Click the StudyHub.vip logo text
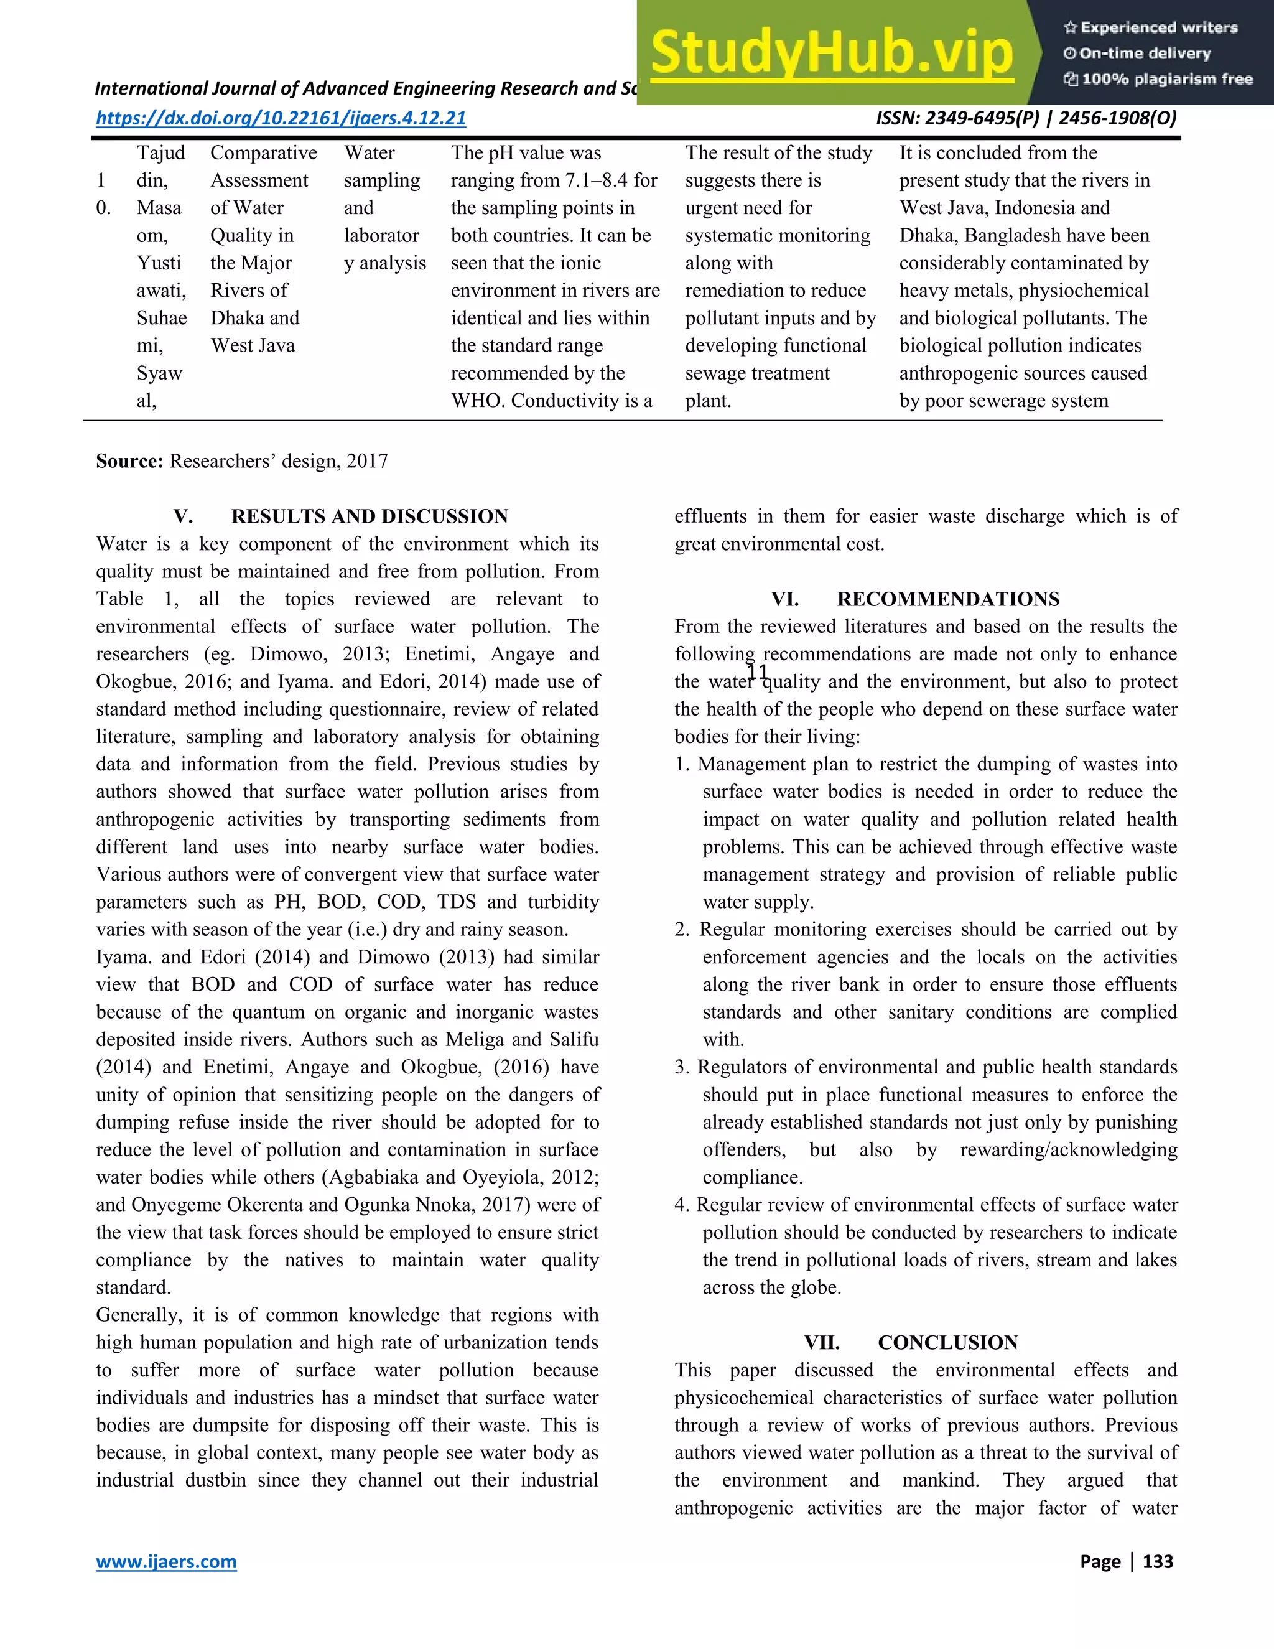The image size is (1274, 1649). [831, 52]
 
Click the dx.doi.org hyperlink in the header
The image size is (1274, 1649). [281, 118]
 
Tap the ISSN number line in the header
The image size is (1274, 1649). [1026, 118]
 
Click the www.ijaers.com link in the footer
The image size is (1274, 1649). [166, 1561]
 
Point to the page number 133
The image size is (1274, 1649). [1158, 1561]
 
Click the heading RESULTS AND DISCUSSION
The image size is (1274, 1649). [369, 516]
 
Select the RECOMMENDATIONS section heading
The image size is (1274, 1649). [947, 599]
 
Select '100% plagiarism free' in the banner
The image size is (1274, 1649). [1166, 79]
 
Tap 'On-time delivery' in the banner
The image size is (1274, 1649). [1145, 54]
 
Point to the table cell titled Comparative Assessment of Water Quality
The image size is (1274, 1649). [263, 249]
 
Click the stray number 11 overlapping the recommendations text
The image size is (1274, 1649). [756, 671]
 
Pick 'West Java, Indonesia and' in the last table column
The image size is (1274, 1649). [1004, 208]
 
